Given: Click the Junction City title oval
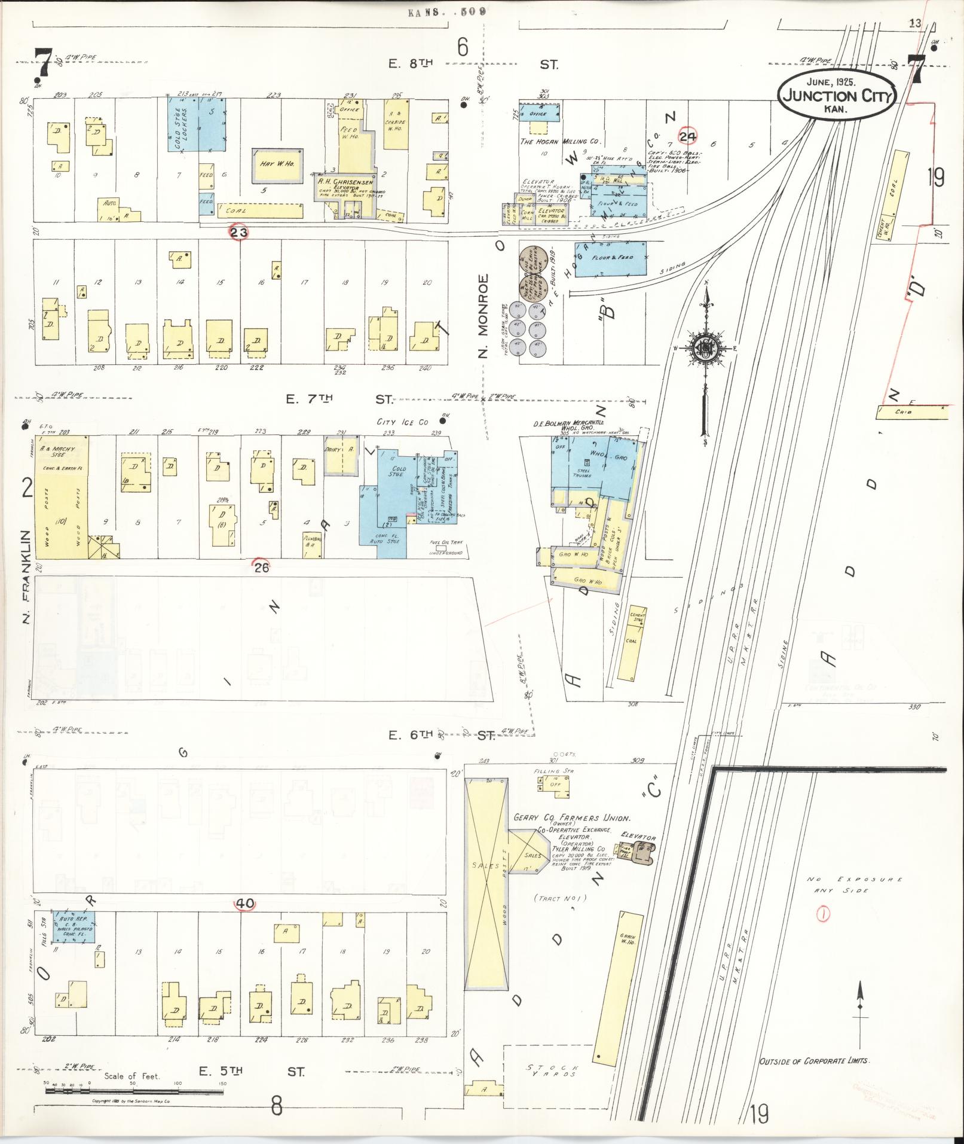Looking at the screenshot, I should (x=837, y=95).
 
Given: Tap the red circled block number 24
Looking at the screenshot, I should (x=688, y=137).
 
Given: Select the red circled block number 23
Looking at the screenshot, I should (x=239, y=233).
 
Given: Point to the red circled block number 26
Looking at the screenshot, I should (x=261, y=568).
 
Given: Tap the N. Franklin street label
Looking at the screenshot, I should (x=26, y=576).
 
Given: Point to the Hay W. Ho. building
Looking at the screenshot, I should (x=278, y=164).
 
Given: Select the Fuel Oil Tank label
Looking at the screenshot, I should (x=445, y=543).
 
